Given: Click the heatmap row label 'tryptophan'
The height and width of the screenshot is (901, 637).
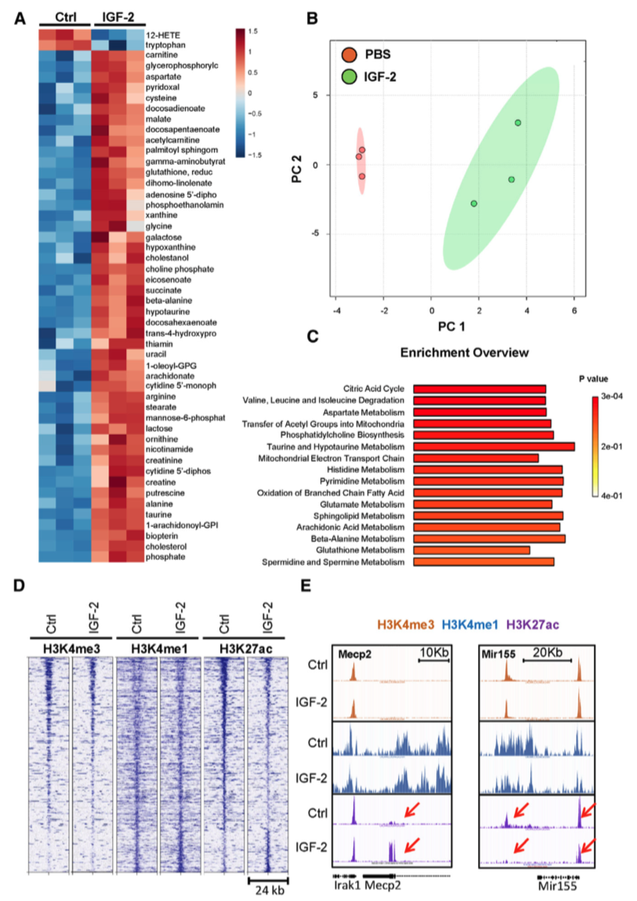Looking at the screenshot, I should [166, 45].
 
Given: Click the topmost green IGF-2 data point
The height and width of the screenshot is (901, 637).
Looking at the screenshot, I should [518, 123].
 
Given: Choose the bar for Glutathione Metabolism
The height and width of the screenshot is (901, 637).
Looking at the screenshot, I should [471, 550].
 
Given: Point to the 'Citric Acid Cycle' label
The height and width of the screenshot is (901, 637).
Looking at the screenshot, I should [374, 388].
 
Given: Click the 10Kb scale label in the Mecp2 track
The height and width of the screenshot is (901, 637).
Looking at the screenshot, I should [434, 653].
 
